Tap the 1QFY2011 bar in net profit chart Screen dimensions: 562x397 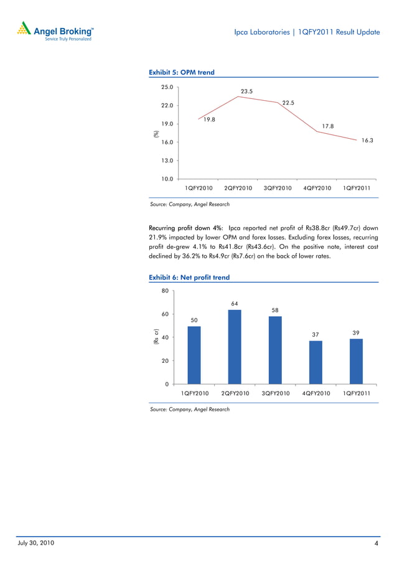[x=356, y=361]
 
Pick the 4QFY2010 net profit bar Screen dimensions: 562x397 [x=315, y=362]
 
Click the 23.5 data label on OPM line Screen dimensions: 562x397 [x=246, y=91]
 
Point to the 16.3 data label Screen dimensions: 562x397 [x=367, y=141]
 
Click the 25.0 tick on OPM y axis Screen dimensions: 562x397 [x=167, y=87]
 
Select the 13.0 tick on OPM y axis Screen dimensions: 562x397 [x=167, y=161]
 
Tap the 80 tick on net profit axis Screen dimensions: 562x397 [x=166, y=291]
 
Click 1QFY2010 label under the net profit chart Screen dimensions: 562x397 [x=194, y=393]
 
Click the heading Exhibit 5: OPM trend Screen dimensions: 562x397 [x=182, y=72]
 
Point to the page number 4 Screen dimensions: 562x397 [x=376, y=545]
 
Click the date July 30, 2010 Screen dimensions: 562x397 [x=35, y=543]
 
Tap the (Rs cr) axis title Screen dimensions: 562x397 [x=156, y=337]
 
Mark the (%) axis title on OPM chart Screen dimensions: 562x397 [x=157, y=133]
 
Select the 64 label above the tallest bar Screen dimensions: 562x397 [x=234, y=304]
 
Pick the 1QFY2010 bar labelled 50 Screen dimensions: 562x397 [x=194, y=355]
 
